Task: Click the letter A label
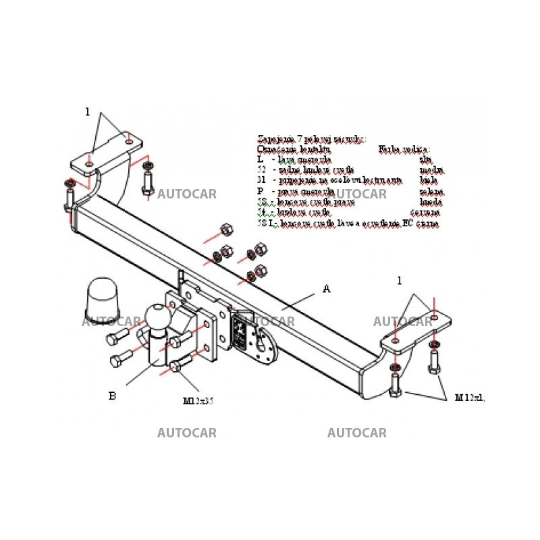(x=326, y=289)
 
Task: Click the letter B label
(x=112, y=396)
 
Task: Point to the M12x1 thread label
(x=470, y=398)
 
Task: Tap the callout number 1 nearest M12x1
(x=400, y=281)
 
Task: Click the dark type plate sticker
(x=240, y=331)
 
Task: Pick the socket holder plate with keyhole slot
(x=263, y=342)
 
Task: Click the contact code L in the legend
(x=260, y=159)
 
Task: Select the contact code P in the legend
(x=260, y=191)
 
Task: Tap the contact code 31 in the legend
(x=261, y=180)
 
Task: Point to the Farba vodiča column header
(x=404, y=148)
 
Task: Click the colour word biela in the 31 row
(x=428, y=181)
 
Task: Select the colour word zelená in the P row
(x=431, y=192)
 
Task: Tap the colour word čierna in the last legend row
(x=428, y=223)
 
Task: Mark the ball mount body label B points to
(x=157, y=351)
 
